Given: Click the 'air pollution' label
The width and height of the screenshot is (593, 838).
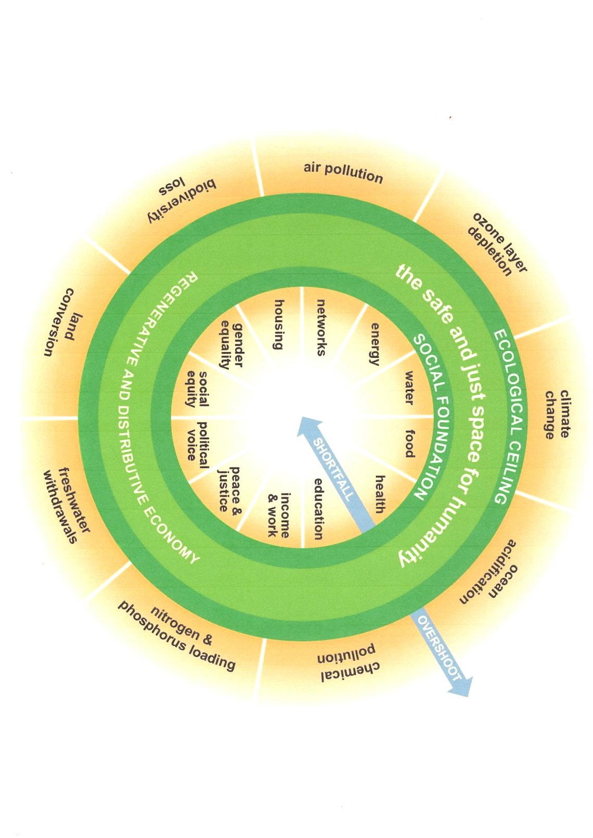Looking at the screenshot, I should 343,173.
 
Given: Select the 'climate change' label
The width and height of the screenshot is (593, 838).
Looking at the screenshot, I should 557,414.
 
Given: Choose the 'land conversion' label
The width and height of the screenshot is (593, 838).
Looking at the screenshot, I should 62,322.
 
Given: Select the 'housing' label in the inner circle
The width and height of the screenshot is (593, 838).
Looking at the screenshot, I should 279,324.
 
